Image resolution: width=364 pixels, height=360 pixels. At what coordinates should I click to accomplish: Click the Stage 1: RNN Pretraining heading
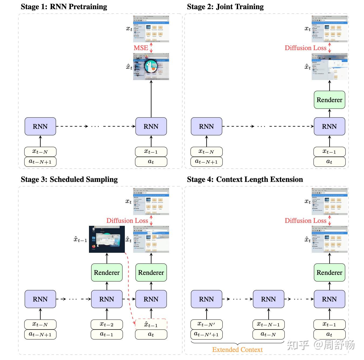click(64, 7)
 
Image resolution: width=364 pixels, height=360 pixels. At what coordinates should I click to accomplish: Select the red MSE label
click(141, 48)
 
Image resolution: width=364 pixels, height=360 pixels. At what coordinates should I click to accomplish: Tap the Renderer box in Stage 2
click(329, 100)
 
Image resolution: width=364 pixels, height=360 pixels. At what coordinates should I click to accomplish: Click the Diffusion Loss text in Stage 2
click(305, 48)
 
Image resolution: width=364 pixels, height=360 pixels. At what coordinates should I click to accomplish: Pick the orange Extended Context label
click(237, 350)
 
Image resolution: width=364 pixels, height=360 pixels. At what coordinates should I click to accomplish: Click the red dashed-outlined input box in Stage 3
click(151, 324)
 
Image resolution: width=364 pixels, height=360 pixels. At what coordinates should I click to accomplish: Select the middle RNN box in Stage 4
click(268, 299)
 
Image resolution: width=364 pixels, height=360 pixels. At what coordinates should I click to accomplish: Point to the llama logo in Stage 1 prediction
click(150, 67)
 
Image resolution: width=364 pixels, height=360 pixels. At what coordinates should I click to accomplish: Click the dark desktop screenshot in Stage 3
click(107, 239)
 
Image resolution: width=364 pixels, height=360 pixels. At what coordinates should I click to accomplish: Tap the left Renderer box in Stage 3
click(107, 273)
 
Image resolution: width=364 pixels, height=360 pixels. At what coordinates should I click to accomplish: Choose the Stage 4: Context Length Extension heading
click(245, 179)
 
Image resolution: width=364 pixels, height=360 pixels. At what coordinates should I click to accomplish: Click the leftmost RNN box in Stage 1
click(40, 126)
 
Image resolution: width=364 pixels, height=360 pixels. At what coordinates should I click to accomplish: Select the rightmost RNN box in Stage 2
click(329, 126)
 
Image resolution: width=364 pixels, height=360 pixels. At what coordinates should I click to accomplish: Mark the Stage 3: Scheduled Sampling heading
click(69, 179)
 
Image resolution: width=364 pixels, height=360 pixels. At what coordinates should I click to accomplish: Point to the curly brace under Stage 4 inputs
click(237, 343)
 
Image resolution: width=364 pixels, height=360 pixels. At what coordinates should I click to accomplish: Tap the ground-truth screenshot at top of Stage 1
click(151, 29)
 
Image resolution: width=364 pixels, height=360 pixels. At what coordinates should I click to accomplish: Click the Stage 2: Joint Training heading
click(225, 7)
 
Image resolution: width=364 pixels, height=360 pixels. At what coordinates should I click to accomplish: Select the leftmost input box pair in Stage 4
click(206, 329)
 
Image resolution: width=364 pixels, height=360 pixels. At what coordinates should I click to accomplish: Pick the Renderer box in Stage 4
click(329, 273)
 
